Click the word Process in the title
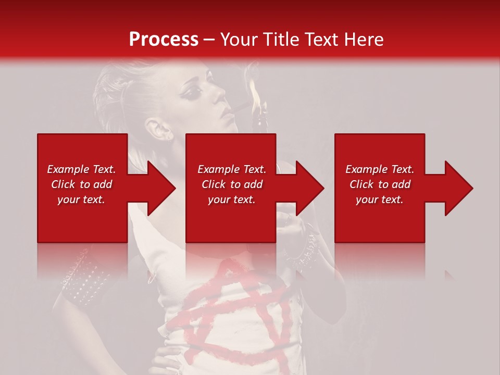[x=164, y=40]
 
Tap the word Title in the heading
[x=279, y=40]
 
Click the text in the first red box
[x=81, y=184]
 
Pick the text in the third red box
[x=380, y=184]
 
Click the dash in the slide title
[x=209, y=40]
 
